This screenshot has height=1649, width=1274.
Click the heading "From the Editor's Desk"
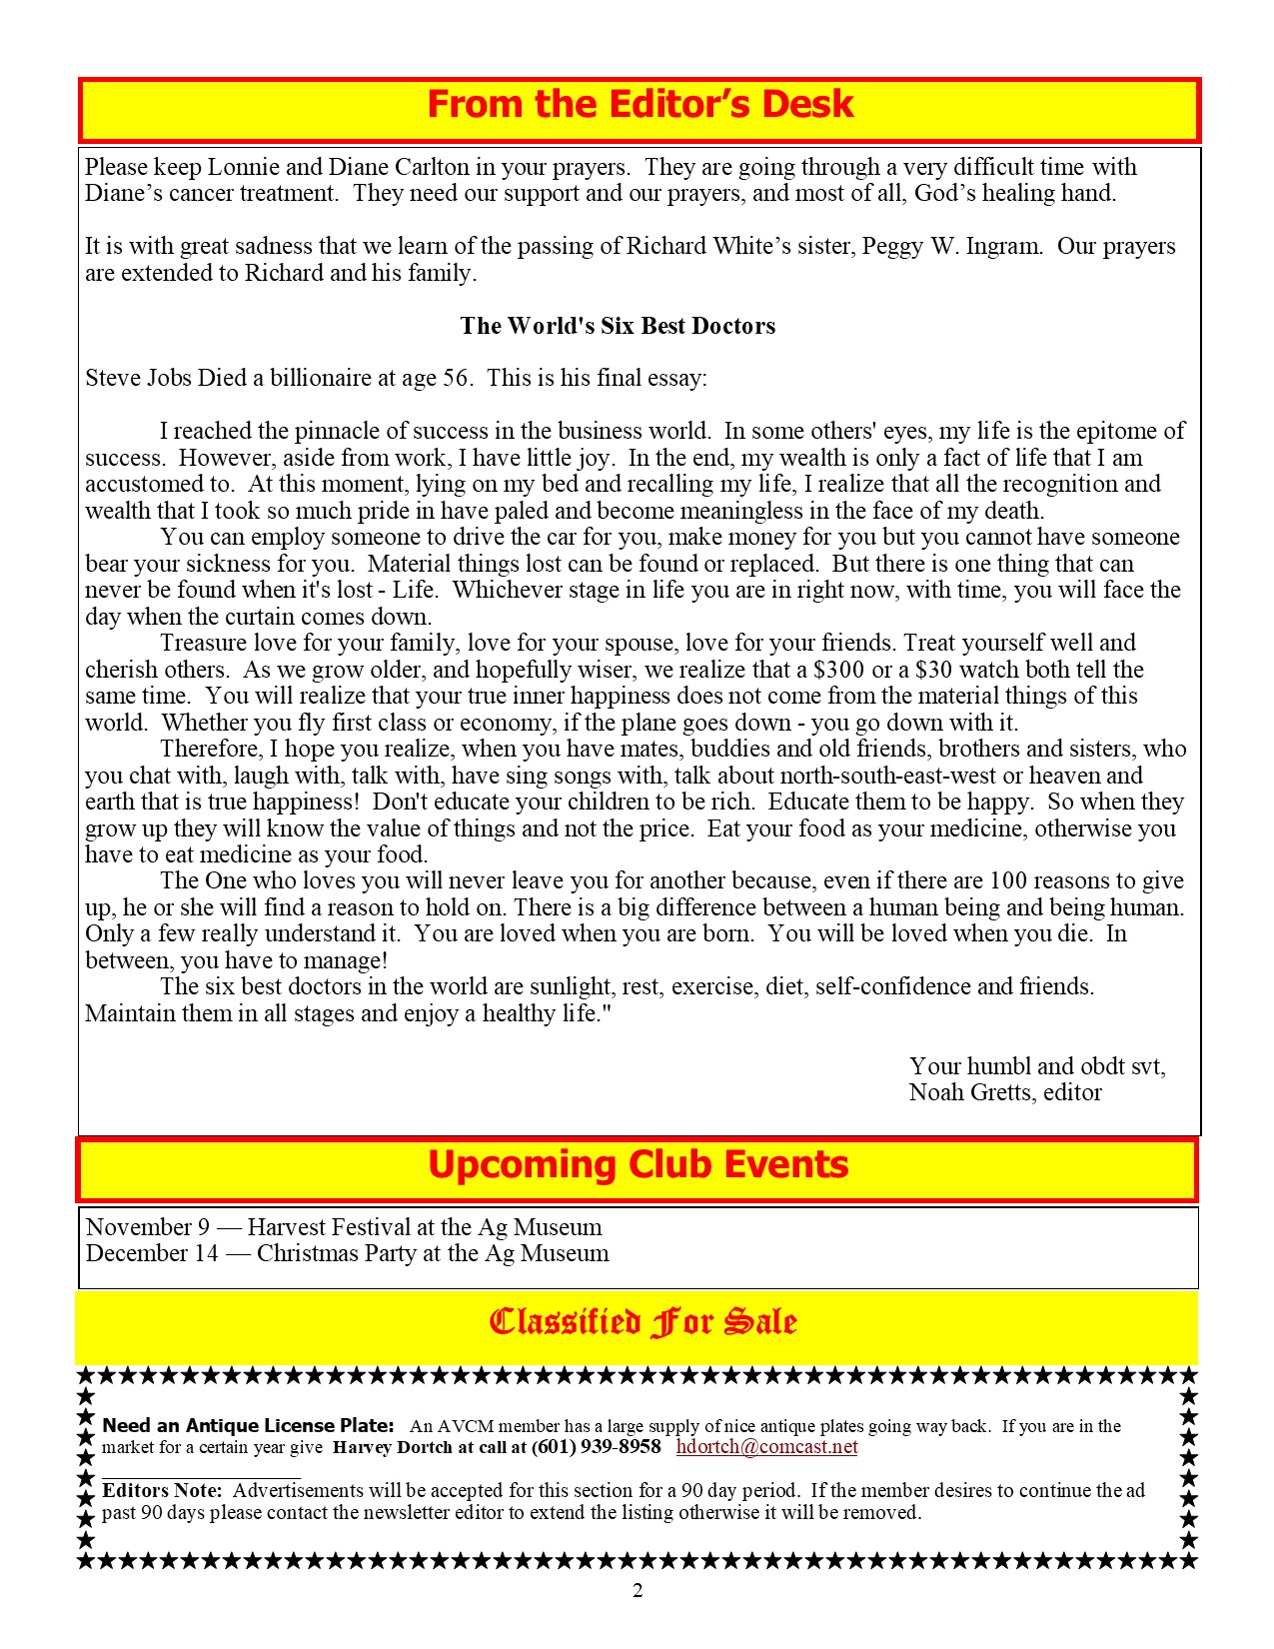pyautogui.click(x=639, y=105)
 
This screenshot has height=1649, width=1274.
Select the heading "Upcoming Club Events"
pyautogui.click(x=637, y=1165)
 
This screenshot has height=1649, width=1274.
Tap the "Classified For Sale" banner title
pyautogui.click(x=642, y=1322)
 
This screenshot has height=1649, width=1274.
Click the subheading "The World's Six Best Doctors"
pyautogui.click(x=618, y=326)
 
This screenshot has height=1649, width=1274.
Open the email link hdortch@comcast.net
pyautogui.click(x=766, y=1447)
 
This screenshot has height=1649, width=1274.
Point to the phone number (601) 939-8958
pyautogui.click(x=596, y=1447)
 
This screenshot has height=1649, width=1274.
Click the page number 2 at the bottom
pyautogui.click(x=637, y=1591)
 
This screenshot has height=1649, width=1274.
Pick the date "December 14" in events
pyautogui.click(x=152, y=1253)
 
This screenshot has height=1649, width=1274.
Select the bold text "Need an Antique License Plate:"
pyautogui.click(x=249, y=1426)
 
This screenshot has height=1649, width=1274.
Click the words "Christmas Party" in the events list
pyautogui.click(x=336, y=1253)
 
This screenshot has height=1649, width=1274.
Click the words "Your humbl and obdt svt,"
pyautogui.click(x=1036, y=1066)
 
